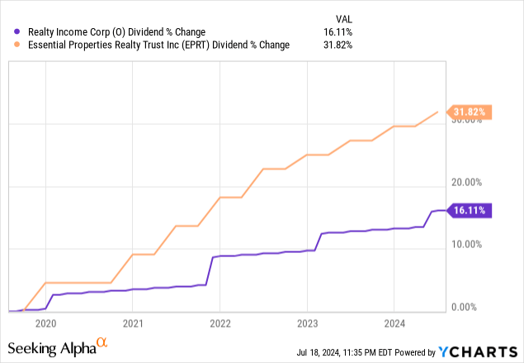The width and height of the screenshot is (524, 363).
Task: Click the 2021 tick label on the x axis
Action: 133,323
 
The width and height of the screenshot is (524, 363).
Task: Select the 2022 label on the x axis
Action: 220,323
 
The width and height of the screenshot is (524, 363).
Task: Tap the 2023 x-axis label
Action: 307,323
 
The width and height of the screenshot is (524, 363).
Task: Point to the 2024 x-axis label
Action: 394,323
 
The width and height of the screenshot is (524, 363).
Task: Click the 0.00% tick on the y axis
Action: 465,307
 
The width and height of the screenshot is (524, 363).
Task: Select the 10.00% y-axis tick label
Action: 467,245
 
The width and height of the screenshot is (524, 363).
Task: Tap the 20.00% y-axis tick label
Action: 467,183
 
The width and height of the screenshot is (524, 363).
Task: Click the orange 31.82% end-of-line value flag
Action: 470,112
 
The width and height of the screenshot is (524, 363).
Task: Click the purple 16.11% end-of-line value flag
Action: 470,211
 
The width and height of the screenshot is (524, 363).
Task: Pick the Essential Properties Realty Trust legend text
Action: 153,45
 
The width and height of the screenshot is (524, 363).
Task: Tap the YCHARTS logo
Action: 479,351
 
